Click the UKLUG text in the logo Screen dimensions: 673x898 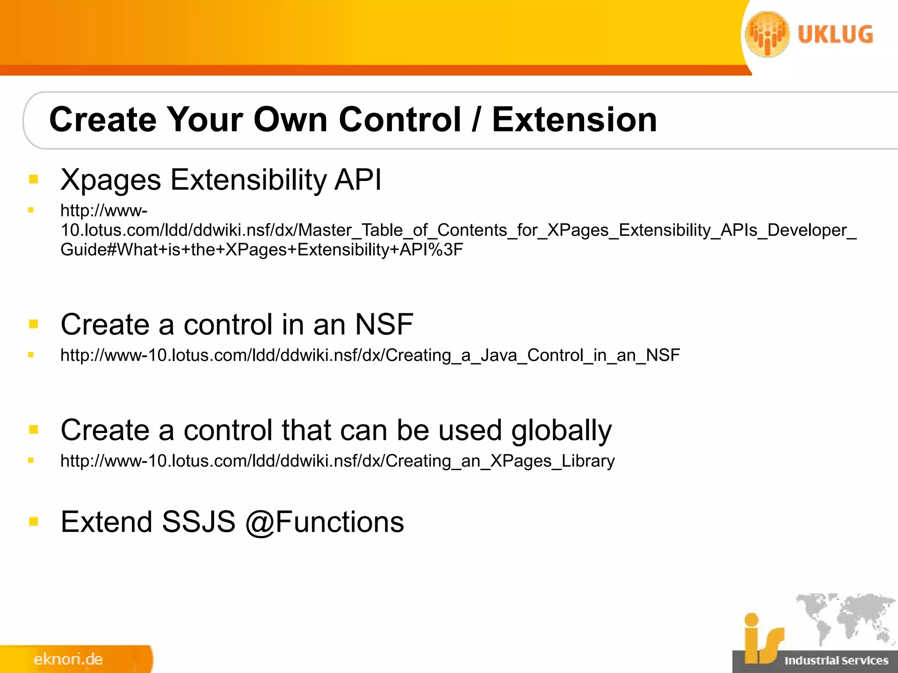coord(835,35)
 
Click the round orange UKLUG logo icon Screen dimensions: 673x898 coord(767,34)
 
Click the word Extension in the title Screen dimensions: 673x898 coord(574,120)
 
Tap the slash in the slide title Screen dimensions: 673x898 coord(476,120)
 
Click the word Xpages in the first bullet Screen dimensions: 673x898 coord(111,180)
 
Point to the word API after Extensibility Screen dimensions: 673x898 coord(358,180)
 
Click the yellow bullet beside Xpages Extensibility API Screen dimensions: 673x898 coord(33,179)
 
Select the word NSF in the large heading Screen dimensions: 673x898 coord(384,325)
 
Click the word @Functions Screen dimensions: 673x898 coord(324,522)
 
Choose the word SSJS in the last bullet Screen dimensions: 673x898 coord(199,522)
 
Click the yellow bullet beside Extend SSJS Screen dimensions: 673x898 coord(33,521)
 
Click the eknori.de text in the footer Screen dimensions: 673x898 coord(68,659)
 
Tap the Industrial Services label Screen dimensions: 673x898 coord(836,660)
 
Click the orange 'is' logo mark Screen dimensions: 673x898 coord(762,640)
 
